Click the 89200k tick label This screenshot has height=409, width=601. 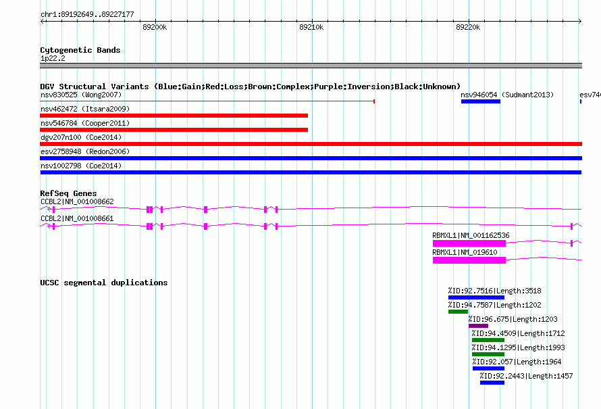[x=155, y=27]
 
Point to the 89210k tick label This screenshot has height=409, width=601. [x=311, y=27]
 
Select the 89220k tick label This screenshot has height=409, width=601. [x=468, y=27]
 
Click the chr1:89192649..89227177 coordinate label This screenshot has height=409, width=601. [x=87, y=15]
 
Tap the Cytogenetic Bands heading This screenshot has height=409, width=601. [x=80, y=50]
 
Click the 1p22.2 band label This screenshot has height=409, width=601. [x=53, y=58]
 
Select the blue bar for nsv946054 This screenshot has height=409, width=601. [x=481, y=101]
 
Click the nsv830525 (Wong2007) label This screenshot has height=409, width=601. [x=81, y=95]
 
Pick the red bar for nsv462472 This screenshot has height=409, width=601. [x=174, y=116]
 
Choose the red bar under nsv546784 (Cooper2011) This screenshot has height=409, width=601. [x=174, y=130]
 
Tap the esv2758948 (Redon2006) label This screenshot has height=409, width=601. [x=85, y=151]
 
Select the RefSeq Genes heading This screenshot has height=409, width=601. [x=68, y=193]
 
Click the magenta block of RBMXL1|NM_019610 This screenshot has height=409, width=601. [x=469, y=260]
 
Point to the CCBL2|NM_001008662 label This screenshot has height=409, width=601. [x=77, y=202]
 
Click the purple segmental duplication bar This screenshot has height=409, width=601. [x=478, y=326]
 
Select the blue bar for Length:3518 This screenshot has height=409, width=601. [x=477, y=297]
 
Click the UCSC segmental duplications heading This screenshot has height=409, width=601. [x=104, y=283]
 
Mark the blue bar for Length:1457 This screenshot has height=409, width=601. [x=492, y=383]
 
